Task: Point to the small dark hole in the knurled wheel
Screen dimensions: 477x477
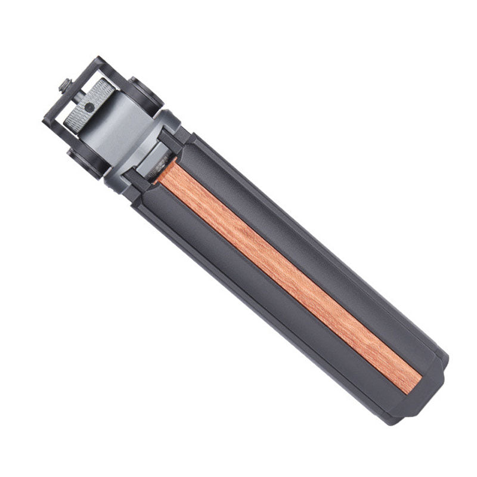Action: click(x=88, y=107)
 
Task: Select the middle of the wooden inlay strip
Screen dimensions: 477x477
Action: click(x=286, y=274)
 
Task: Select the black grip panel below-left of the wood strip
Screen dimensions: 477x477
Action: click(x=262, y=304)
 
